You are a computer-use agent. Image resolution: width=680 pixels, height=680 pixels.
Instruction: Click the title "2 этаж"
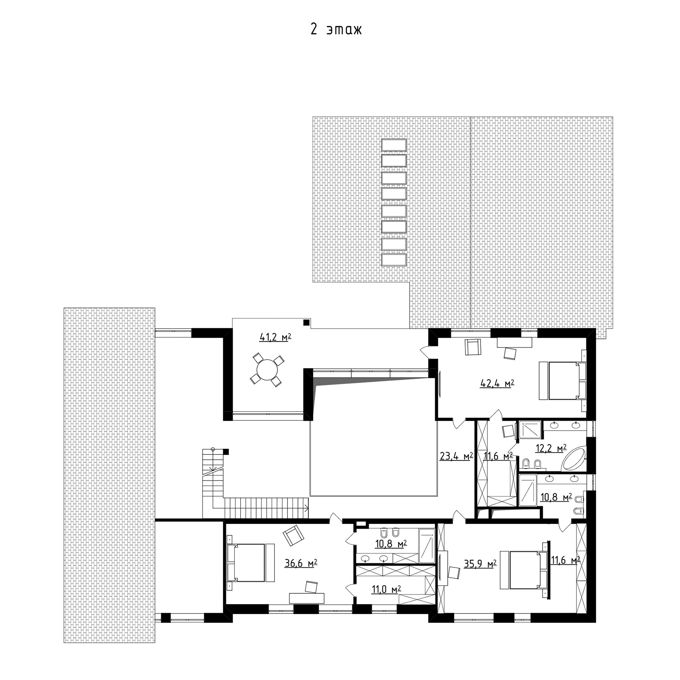point(336,30)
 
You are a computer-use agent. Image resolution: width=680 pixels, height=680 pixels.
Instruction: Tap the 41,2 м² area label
point(275,337)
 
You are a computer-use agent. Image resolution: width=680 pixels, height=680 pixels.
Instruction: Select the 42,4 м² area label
point(497,384)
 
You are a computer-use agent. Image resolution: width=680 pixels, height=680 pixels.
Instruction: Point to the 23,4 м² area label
point(456,456)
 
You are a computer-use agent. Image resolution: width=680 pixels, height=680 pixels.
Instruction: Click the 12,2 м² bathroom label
point(551,448)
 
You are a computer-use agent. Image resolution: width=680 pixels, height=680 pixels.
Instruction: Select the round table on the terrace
point(267,370)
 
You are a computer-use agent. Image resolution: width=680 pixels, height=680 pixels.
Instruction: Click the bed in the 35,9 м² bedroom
point(524,570)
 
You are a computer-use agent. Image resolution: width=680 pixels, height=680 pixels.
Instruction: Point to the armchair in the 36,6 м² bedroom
point(293,536)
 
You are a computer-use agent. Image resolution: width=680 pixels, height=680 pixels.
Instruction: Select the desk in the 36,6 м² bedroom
point(307,598)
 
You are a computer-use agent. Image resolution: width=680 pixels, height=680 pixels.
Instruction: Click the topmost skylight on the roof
point(394,145)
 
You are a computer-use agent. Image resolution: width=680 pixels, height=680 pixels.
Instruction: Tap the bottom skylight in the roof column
point(394,260)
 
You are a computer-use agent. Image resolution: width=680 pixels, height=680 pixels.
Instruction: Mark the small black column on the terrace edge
point(306,322)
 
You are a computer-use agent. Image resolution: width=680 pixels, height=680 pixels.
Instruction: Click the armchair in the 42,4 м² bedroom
point(472,347)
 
